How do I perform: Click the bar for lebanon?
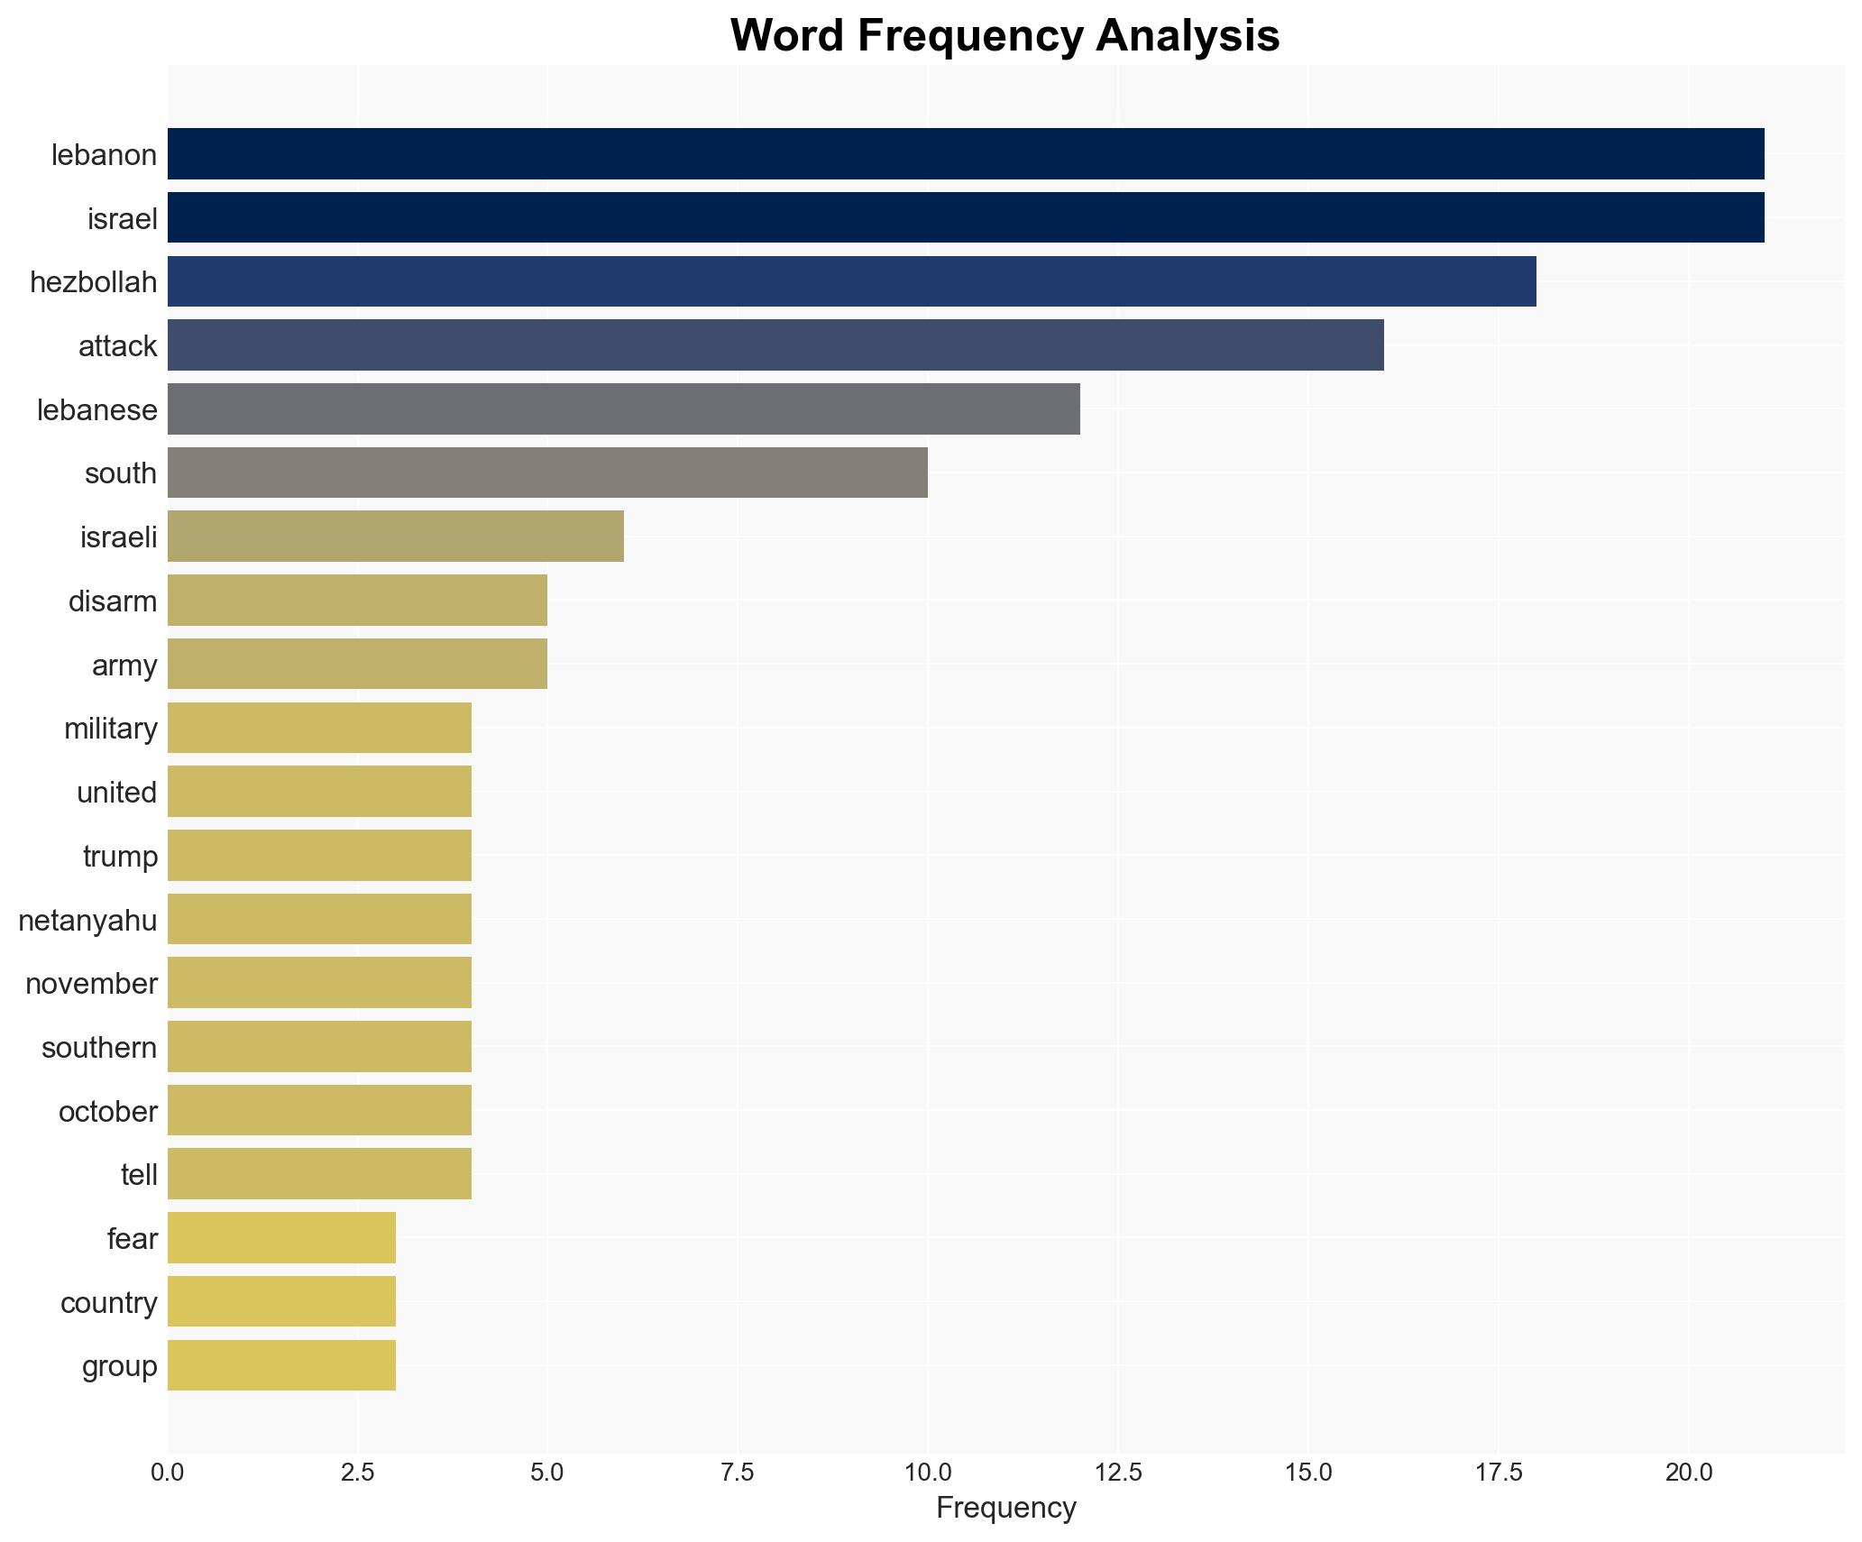[x=965, y=154]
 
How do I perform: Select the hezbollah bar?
[x=851, y=281]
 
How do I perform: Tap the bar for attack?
[x=775, y=345]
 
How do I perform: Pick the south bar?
[x=547, y=473]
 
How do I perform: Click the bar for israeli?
[x=395, y=537]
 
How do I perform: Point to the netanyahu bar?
[x=319, y=920]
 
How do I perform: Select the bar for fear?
[x=281, y=1238]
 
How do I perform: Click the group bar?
[x=281, y=1366]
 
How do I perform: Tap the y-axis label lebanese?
[x=96, y=410]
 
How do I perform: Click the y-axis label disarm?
[x=113, y=601]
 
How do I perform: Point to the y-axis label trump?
[x=120, y=857]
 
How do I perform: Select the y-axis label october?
[x=107, y=1112]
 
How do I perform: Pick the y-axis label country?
[x=108, y=1303]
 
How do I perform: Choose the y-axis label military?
[x=110, y=729]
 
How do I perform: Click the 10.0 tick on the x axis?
[x=928, y=1473]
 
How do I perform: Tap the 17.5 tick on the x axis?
[x=1499, y=1473]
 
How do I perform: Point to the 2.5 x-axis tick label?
[x=357, y=1473]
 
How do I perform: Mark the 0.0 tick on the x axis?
[x=168, y=1473]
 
